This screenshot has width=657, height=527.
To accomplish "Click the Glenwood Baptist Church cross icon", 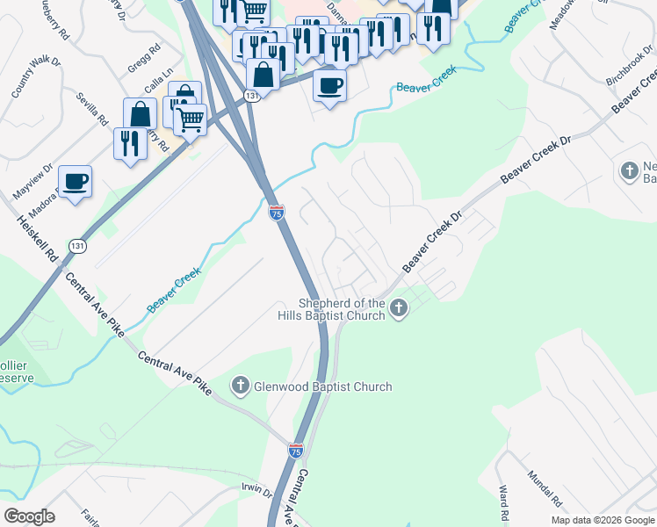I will click(x=240, y=386).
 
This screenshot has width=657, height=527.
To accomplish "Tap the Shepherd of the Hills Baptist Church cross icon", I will click(x=400, y=307).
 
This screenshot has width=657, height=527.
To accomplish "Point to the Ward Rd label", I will click(x=504, y=502).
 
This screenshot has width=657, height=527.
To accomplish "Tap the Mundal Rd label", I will click(x=544, y=488).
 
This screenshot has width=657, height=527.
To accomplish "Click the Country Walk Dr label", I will click(x=28, y=76).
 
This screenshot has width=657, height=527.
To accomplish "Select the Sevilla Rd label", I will click(x=91, y=108).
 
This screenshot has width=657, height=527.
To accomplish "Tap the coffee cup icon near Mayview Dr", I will click(x=75, y=181).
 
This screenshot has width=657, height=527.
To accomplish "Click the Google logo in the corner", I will click(x=30, y=516).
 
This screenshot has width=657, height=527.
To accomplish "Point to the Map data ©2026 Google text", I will click(x=603, y=520).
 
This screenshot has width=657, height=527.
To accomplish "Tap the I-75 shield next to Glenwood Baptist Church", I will click(x=296, y=451).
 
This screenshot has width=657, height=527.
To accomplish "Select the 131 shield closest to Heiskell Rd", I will click(x=79, y=247).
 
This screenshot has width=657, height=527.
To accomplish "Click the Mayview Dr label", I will click(x=33, y=179).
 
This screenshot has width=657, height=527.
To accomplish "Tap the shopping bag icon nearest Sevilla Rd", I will click(x=141, y=113).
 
